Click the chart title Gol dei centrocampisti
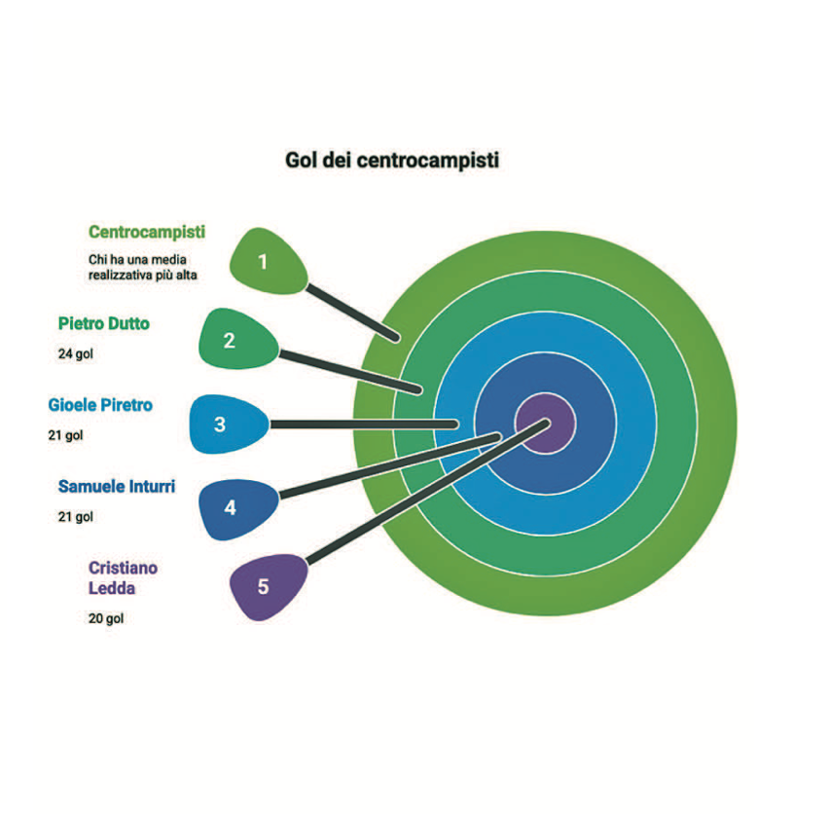pyautogui.click(x=391, y=160)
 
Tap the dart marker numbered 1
pyautogui.click(x=266, y=261)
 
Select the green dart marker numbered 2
pyautogui.click(x=234, y=340)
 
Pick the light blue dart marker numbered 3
pyautogui.click(x=225, y=425)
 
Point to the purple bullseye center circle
pyautogui.click(x=546, y=424)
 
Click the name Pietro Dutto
pyautogui.click(x=104, y=323)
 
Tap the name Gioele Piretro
pyautogui.click(x=100, y=404)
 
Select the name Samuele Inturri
pyautogui.click(x=117, y=486)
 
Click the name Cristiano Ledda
pyautogui.click(x=123, y=577)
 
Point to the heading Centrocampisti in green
pyautogui.click(x=147, y=233)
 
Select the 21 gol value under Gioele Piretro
pyautogui.click(x=66, y=435)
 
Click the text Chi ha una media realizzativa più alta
pyautogui.click(x=143, y=267)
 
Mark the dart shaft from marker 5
pyautogui.click(x=418, y=497)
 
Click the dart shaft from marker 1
pyautogui.click(x=352, y=314)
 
